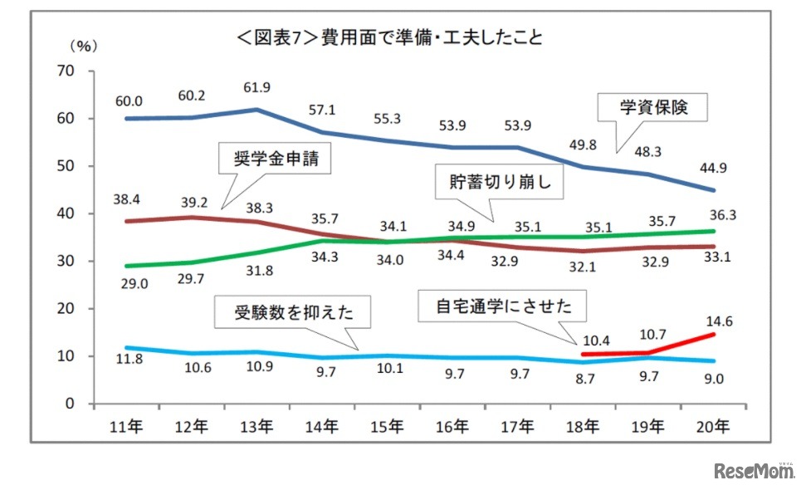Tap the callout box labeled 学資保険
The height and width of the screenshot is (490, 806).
point(654,107)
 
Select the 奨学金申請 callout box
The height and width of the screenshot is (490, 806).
point(274,158)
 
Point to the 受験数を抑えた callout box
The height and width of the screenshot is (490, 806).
point(291,313)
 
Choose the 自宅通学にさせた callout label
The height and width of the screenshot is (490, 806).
point(505,306)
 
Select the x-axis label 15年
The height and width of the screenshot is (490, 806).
point(387,426)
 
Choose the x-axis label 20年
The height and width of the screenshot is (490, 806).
point(713,426)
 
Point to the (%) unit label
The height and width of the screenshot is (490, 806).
point(83,47)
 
